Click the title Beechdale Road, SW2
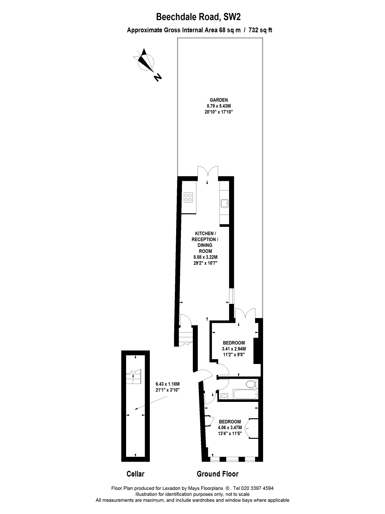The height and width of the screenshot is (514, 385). pyautogui.click(x=198, y=17)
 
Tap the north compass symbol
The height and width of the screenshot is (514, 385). pyautogui.click(x=146, y=63)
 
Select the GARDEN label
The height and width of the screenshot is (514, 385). pyautogui.click(x=218, y=100)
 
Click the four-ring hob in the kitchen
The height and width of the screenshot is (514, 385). pyautogui.click(x=188, y=197)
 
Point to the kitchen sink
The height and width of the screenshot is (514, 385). pyautogui.click(x=224, y=203)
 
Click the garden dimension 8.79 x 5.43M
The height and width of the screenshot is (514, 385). pyautogui.click(x=218, y=106)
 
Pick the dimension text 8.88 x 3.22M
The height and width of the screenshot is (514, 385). pyautogui.click(x=205, y=257)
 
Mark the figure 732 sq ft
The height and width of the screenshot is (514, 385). pyautogui.click(x=260, y=30)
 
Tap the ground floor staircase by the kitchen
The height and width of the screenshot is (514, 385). pyautogui.click(x=186, y=336)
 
